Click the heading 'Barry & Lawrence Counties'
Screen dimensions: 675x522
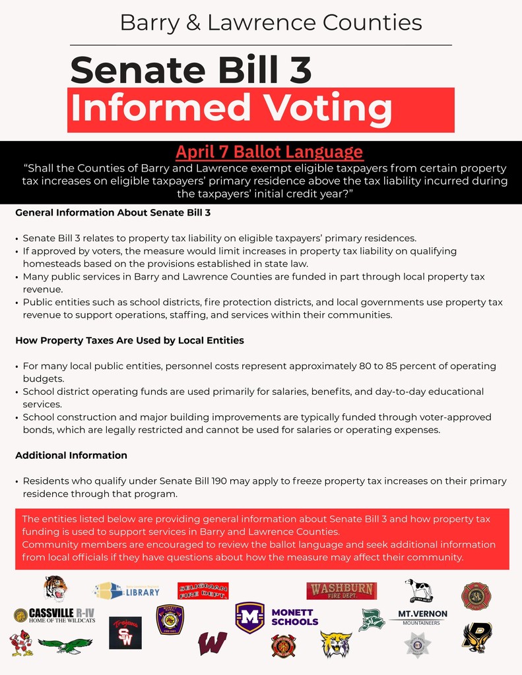(x=271, y=23)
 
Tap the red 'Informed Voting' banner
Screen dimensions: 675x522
(x=261, y=109)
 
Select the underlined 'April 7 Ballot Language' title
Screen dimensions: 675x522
(x=269, y=152)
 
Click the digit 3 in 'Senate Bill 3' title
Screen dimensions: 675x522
(x=300, y=71)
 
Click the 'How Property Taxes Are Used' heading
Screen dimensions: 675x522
(x=129, y=341)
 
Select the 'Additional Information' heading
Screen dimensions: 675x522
(x=71, y=455)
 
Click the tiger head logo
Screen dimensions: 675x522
(x=55, y=588)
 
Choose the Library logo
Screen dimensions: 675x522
(x=127, y=591)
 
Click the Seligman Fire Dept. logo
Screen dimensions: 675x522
(x=203, y=591)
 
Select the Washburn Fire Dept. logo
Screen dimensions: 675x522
(x=341, y=591)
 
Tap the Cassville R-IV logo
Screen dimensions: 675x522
(x=54, y=615)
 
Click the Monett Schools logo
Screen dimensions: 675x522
(x=277, y=618)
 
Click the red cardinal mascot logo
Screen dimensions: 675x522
(x=21, y=643)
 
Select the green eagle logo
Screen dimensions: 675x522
(x=65, y=645)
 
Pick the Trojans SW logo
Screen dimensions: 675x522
(x=125, y=633)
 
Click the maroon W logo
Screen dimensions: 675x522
(x=212, y=643)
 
